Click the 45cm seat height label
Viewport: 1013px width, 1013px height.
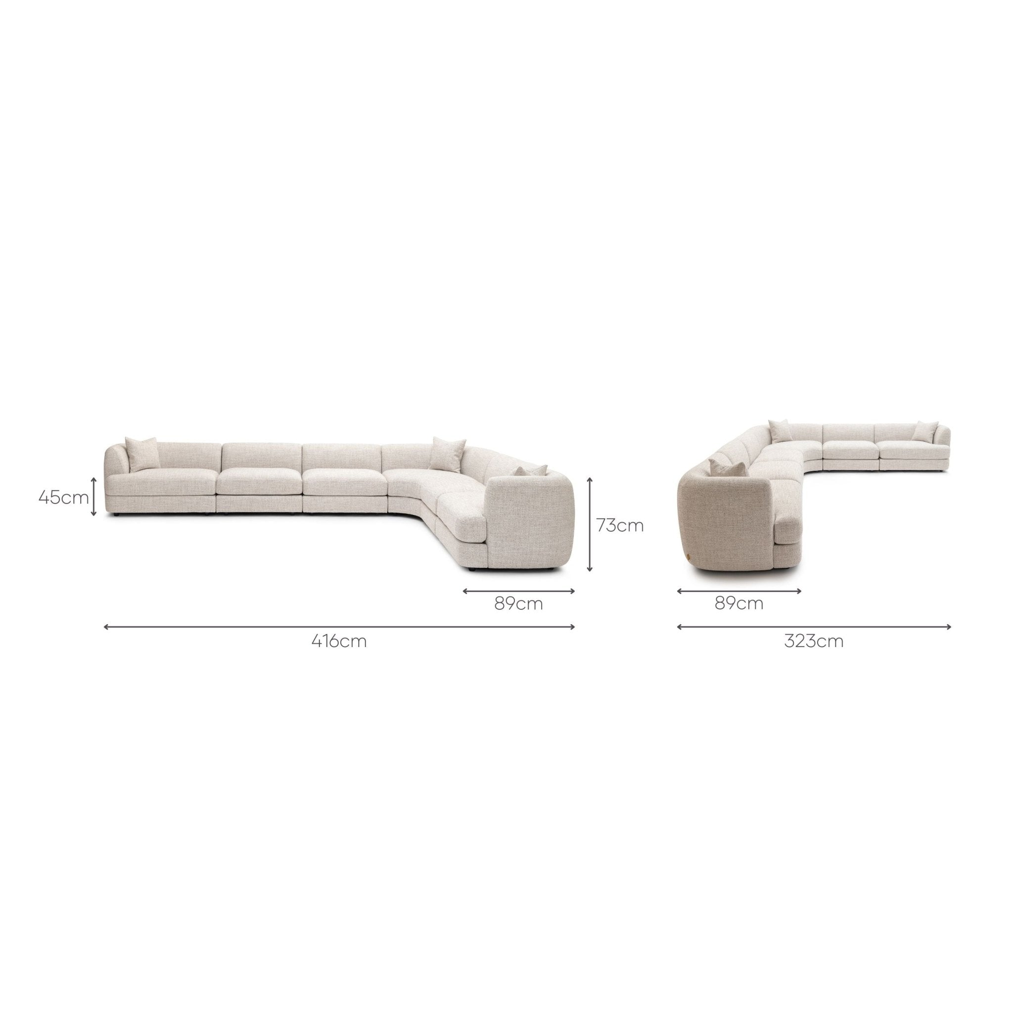(63, 497)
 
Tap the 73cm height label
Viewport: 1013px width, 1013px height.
(620, 525)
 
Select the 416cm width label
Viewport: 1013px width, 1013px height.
(339, 641)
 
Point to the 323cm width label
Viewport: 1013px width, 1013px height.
(814, 641)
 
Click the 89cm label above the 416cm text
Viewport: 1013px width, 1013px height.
(518, 604)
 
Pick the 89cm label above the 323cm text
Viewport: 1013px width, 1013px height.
(739, 603)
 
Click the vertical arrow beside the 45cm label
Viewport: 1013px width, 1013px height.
(94, 496)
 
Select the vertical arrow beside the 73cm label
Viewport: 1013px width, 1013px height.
(590, 524)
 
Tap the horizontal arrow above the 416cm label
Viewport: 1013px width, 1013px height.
(340, 627)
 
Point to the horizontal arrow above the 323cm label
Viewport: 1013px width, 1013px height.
(814, 627)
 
